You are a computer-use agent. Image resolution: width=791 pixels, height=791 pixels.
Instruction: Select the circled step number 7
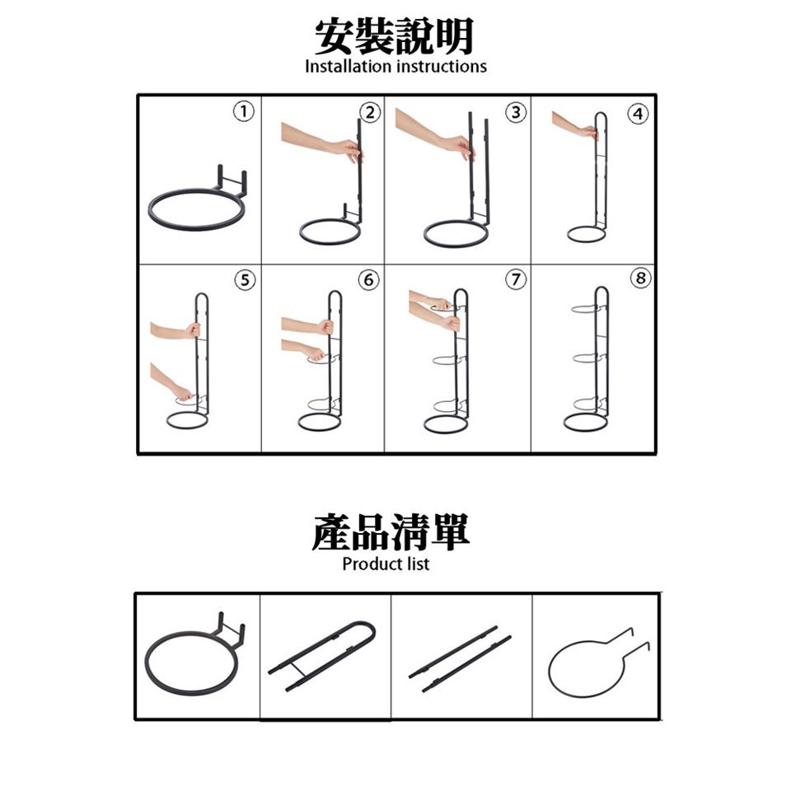click(x=515, y=280)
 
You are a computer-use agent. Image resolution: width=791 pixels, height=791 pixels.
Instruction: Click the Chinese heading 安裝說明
click(x=395, y=35)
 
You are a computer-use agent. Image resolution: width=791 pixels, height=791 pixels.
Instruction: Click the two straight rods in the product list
click(x=459, y=658)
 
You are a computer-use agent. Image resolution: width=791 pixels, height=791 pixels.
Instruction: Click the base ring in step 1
click(x=196, y=210)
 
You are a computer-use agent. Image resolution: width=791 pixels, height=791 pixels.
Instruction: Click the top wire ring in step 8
click(x=588, y=311)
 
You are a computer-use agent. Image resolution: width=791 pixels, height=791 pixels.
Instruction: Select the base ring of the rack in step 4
click(x=587, y=233)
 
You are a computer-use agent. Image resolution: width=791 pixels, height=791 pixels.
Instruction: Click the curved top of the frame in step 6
click(x=334, y=294)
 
